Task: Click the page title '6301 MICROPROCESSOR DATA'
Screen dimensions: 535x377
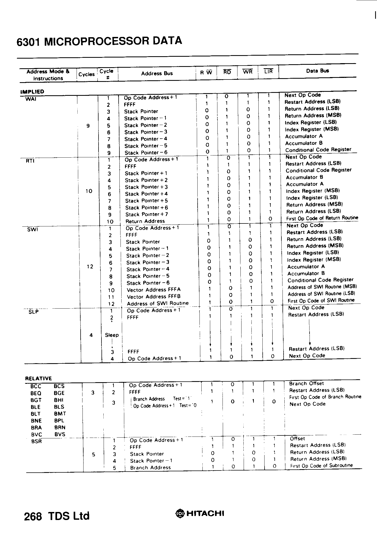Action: pyautogui.click(x=99, y=41)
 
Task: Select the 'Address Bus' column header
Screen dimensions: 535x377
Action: pyautogui.click(x=157, y=73)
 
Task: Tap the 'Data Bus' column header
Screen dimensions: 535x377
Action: pyautogui.click(x=317, y=71)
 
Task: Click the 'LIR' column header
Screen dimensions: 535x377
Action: pyautogui.click(x=268, y=71)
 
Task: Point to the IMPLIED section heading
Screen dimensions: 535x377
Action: pyautogui.click(x=32, y=92)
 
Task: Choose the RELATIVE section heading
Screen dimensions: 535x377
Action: pyautogui.click(x=38, y=378)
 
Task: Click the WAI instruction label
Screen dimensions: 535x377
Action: pyautogui.click(x=31, y=99)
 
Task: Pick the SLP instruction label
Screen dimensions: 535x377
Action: pyautogui.click(x=33, y=312)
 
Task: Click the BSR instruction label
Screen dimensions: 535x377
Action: pyautogui.click(x=37, y=441)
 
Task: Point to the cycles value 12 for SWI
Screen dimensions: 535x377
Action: pyautogui.click(x=90, y=267)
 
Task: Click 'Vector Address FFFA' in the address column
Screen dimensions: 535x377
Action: pyautogui.click(x=154, y=290)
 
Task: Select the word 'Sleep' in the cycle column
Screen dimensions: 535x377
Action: pyautogui.click(x=112, y=335)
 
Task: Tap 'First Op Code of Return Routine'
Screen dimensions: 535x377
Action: pyautogui.click(x=322, y=218)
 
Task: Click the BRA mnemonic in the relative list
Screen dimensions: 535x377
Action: pyautogui.click(x=36, y=427)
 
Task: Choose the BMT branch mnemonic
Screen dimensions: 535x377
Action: pyautogui.click(x=60, y=413)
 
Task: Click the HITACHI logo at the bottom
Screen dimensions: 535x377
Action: pyautogui.click(x=200, y=513)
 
